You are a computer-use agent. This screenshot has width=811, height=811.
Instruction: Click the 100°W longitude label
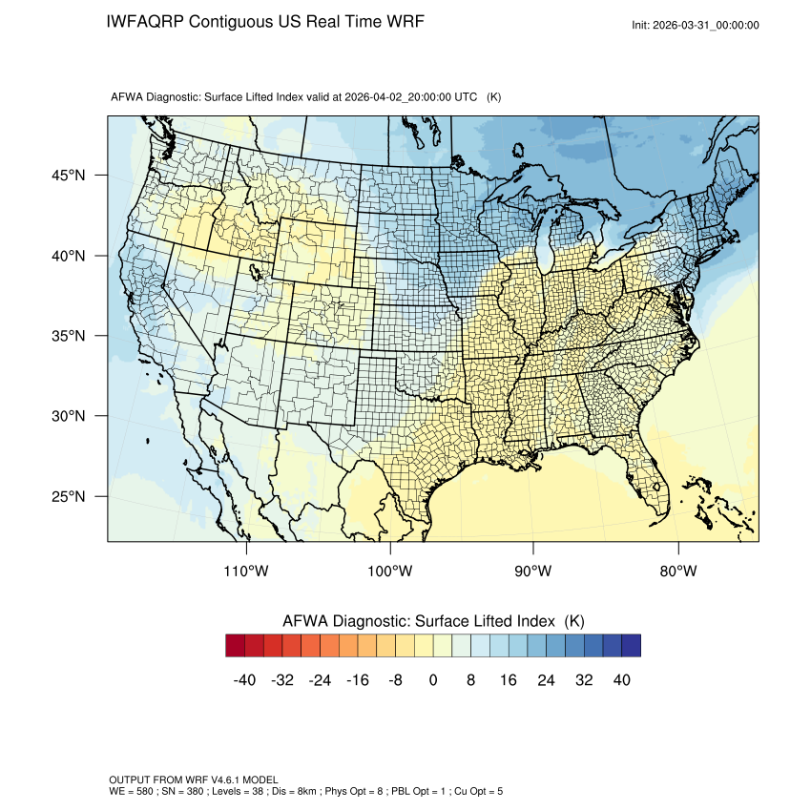coord(390,572)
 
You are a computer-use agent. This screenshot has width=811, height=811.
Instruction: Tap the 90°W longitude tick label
coord(533,572)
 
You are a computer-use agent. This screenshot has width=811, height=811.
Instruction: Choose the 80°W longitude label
coord(677,572)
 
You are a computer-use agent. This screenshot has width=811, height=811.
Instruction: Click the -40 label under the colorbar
coord(245,680)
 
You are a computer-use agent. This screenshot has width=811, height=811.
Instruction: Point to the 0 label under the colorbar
coord(433,680)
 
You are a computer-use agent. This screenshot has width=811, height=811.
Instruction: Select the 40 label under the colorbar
coord(621,680)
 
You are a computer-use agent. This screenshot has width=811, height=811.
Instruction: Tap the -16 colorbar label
coord(358,680)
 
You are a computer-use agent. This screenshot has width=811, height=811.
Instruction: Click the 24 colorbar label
coord(546,680)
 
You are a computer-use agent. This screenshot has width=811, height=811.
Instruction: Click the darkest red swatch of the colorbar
coord(236,646)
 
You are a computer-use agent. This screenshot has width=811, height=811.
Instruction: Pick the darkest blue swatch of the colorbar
coord(631,646)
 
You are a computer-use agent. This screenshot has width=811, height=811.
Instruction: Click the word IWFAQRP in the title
coord(146,22)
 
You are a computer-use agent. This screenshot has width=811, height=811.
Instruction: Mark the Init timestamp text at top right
coord(696,25)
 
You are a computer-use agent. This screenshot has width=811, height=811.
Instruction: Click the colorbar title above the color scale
coord(433,620)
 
